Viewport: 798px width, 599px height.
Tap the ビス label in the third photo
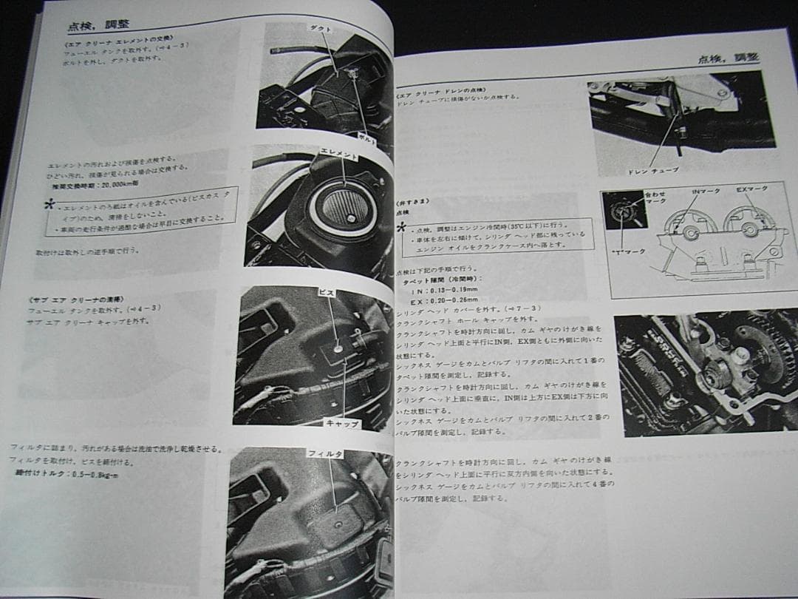point(327,293)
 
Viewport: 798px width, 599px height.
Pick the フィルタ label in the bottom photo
point(326,453)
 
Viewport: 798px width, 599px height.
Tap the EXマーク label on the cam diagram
point(751,189)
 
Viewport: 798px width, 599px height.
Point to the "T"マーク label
point(634,251)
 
